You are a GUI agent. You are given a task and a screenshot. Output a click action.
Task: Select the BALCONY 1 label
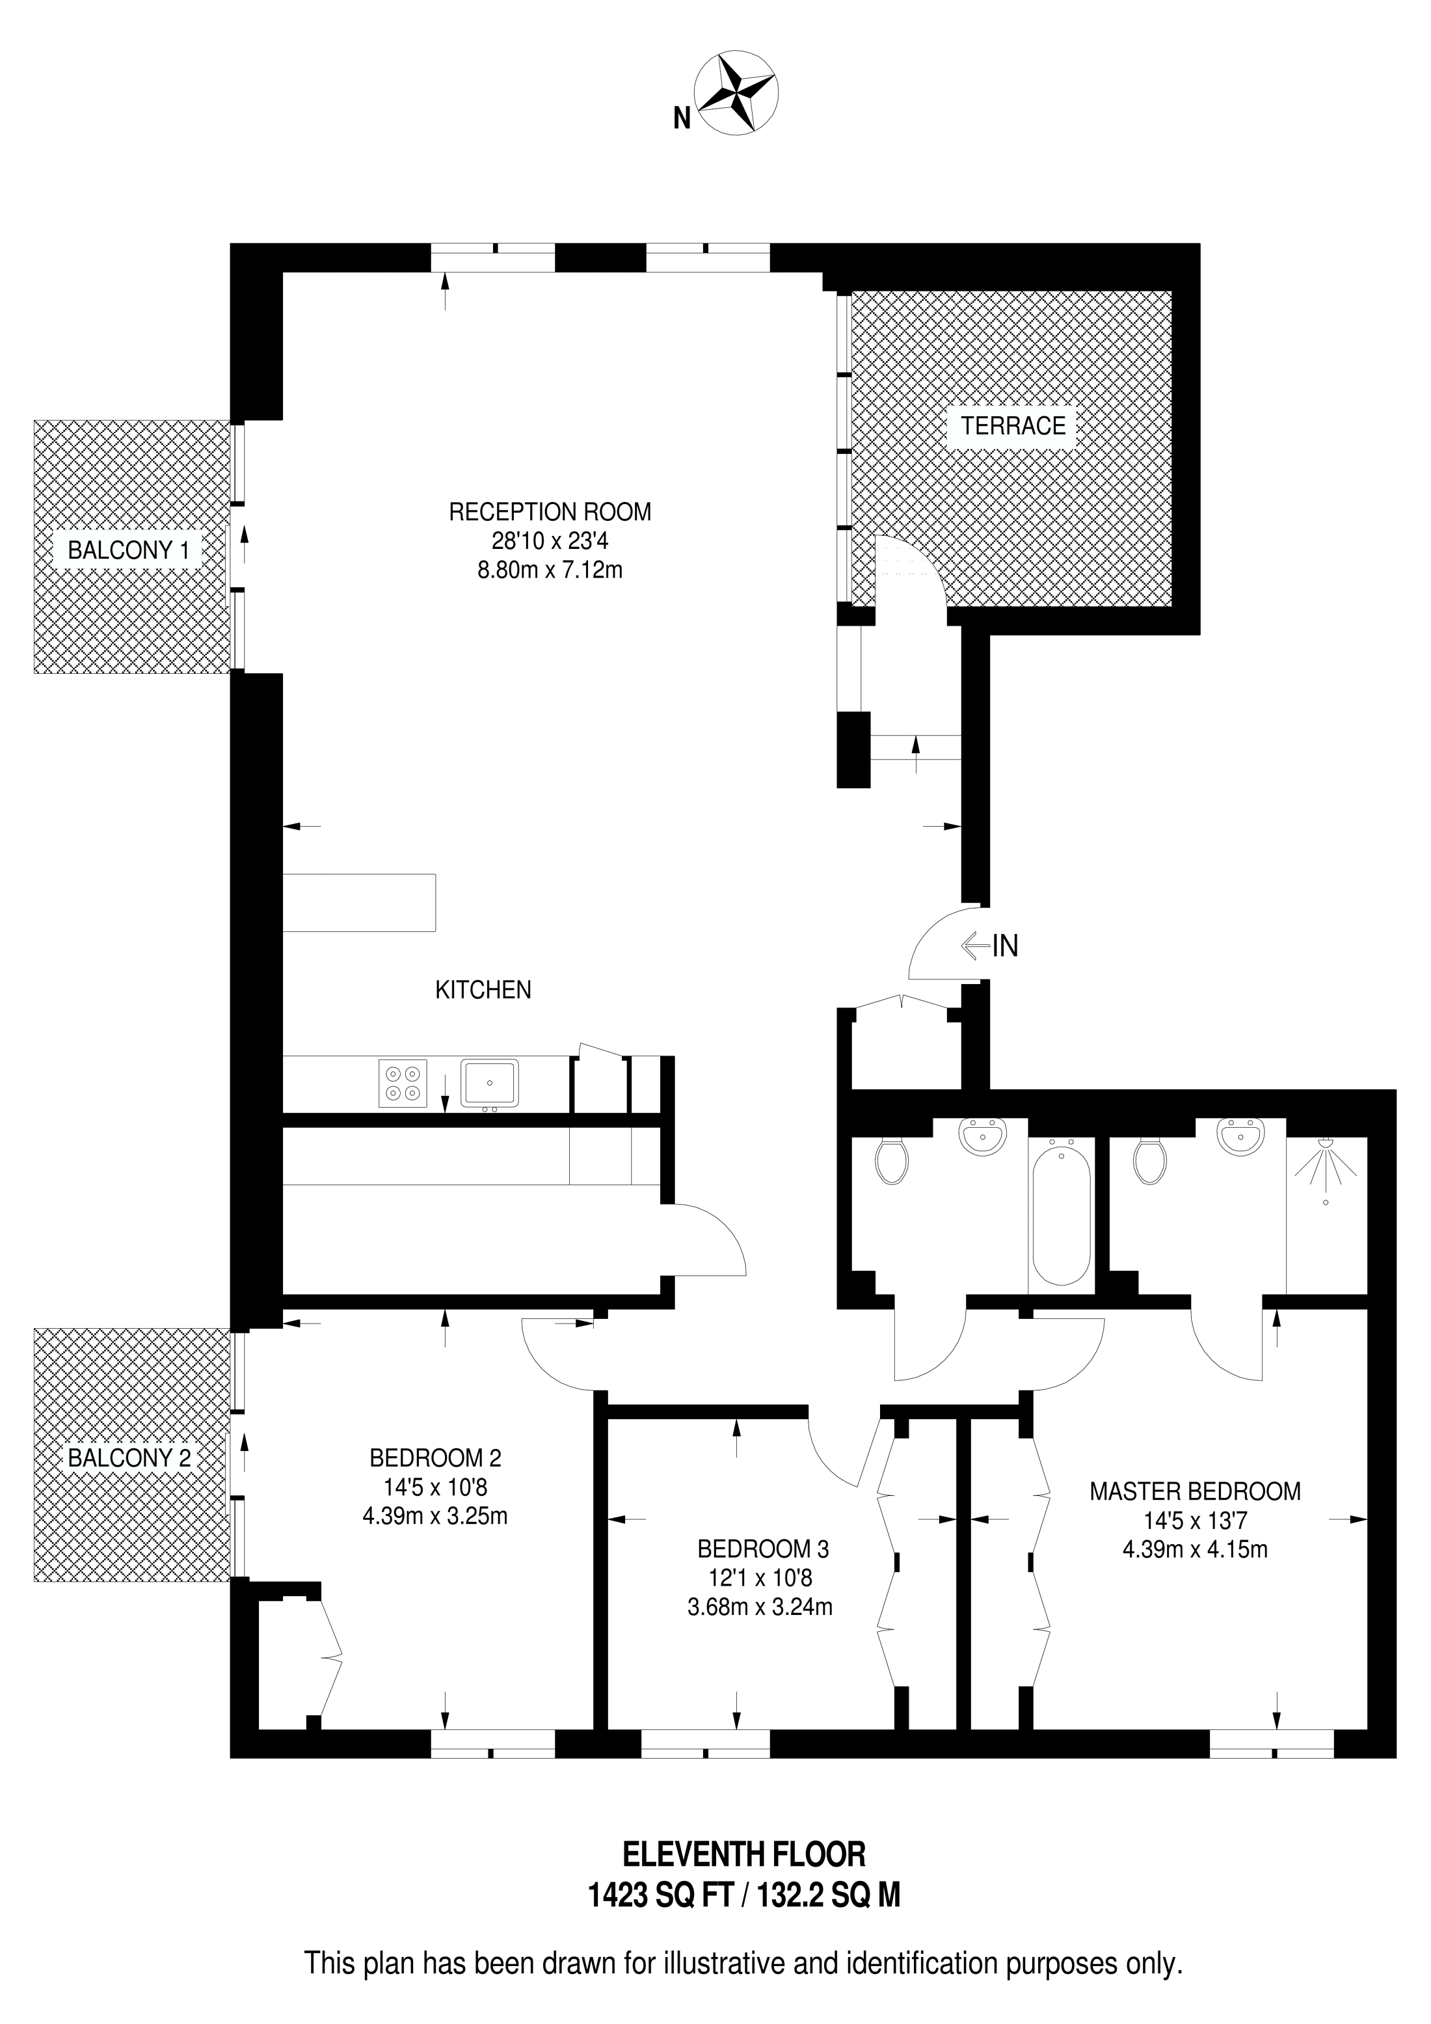(129, 550)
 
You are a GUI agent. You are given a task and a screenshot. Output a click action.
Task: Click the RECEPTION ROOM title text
(550, 511)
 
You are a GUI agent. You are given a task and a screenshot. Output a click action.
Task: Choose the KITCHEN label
(483, 990)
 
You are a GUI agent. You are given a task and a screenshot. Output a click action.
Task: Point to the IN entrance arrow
(976, 946)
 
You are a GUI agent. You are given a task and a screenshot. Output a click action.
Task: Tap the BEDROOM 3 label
(763, 1548)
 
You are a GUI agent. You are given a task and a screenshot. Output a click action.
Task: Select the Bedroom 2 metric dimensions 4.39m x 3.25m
(435, 1515)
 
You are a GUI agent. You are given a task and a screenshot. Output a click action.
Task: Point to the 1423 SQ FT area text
(662, 1895)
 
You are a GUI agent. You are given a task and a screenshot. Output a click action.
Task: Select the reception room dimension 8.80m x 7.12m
(550, 570)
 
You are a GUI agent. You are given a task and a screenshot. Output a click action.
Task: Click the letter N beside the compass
(682, 118)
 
